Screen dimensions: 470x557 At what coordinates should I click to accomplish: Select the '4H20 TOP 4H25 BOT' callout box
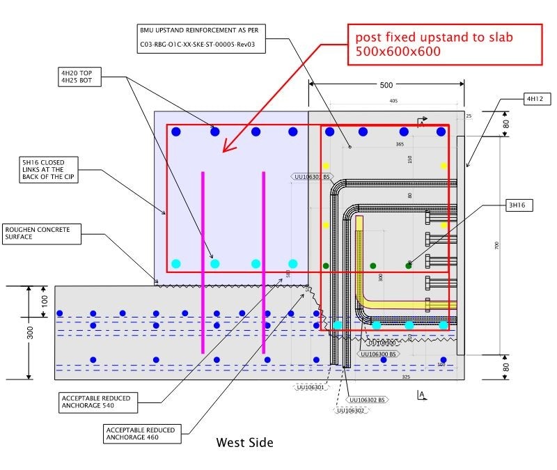tap(80, 76)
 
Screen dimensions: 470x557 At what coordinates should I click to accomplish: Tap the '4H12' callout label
tap(538, 99)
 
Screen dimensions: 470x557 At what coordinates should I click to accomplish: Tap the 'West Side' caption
tap(244, 443)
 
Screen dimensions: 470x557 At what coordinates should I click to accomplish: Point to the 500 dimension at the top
tap(386, 85)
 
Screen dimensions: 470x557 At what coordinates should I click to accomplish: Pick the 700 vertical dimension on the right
tap(496, 245)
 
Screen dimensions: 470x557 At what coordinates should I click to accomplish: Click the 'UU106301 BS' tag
tap(311, 177)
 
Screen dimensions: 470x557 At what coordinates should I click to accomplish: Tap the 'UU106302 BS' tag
tap(367, 400)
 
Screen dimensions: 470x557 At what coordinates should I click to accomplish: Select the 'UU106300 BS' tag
tap(379, 354)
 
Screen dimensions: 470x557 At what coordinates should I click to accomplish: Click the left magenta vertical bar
tap(203, 263)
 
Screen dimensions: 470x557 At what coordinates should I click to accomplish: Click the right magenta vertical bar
tap(264, 263)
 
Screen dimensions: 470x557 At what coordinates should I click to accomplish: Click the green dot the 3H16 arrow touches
tap(409, 265)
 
